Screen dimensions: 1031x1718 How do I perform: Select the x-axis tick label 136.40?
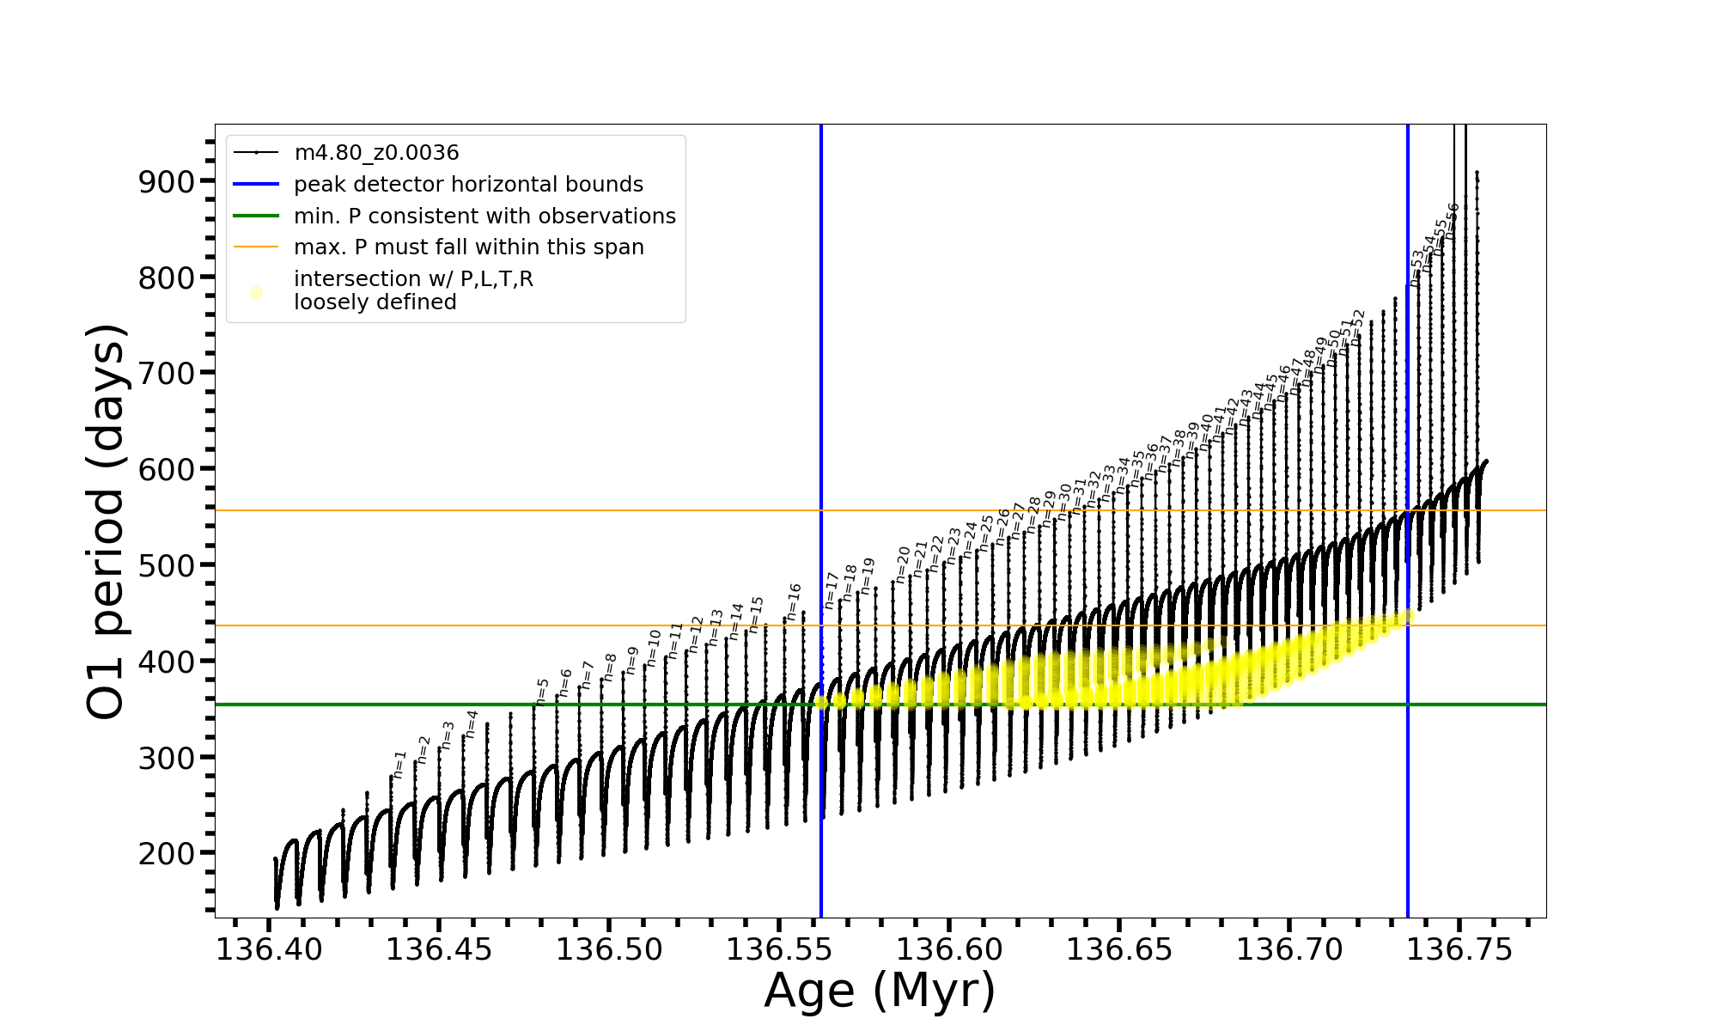pyautogui.click(x=269, y=950)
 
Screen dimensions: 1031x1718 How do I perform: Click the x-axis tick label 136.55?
pyautogui.click(x=780, y=950)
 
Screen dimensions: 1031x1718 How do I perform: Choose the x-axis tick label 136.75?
pyautogui.click(x=1459, y=950)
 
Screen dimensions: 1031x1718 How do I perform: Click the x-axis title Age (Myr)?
pyautogui.click(x=880, y=991)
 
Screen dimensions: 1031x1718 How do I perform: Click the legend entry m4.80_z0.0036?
pyautogui.click(x=376, y=153)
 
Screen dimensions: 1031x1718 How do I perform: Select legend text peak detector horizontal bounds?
pyautogui.click(x=468, y=185)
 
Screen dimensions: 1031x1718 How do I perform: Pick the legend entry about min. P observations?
pyautogui.click(x=484, y=217)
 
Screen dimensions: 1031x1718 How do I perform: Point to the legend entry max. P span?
pyautogui.click(x=468, y=247)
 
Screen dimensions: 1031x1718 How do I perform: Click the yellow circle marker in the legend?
pyautogui.click(x=256, y=292)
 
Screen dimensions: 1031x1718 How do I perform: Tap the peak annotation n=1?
pyautogui.click(x=399, y=764)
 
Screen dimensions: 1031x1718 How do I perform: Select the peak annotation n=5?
pyautogui.click(x=542, y=691)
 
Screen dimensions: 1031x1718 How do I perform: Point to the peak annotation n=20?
pyautogui.click(x=903, y=564)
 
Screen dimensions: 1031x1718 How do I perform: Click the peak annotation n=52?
pyautogui.click(x=1357, y=327)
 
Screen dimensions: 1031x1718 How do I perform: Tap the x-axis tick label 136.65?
pyautogui.click(x=1119, y=950)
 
